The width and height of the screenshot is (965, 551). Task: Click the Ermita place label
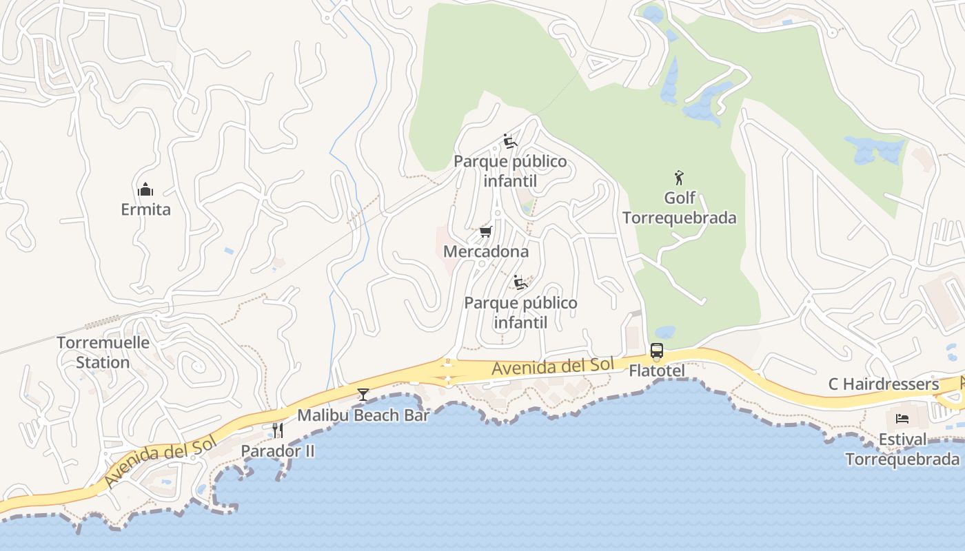[x=145, y=209]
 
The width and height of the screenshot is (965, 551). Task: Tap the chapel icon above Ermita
[x=145, y=189]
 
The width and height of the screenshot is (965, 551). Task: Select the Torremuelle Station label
[x=103, y=353]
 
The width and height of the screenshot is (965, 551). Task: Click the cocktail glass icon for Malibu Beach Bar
[x=363, y=395]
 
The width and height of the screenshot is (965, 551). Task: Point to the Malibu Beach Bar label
[x=363, y=415]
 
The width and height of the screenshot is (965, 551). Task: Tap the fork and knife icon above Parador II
[x=278, y=430]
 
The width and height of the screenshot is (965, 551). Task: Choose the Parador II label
[x=278, y=451]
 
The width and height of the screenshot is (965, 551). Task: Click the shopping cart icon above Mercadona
[x=486, y=231]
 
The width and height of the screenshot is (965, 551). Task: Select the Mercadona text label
[x=486, y=251]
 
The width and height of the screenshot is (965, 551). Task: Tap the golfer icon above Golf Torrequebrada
[x=680, y=178]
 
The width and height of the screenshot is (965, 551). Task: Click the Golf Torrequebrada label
[x=680, y=208]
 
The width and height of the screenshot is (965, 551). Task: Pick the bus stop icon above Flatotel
[x=657, y=351]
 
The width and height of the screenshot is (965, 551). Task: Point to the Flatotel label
[x=657, y=371]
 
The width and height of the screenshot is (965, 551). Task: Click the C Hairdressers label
[x=884, y=384]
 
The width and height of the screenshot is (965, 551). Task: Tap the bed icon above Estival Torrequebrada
[x=902, y=419]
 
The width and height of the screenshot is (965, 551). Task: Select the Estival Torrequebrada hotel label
[x=902, y=449]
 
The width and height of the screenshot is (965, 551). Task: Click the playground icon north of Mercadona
[x=510, y=141]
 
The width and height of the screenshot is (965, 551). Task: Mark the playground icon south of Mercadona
[x=520, y=282]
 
